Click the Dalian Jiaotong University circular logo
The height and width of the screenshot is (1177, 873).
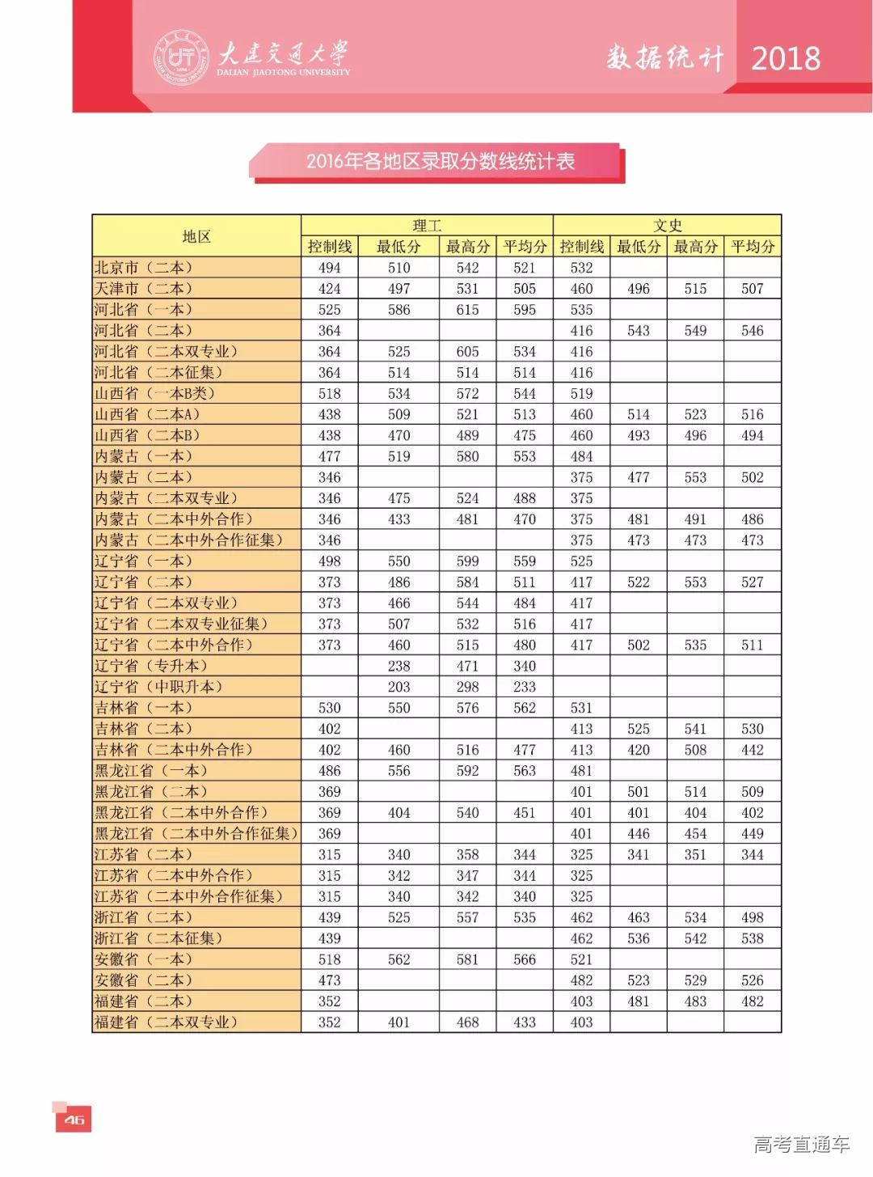point(179,56)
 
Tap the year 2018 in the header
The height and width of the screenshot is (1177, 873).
point(786,58)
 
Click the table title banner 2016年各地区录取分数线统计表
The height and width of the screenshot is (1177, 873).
point(440,161)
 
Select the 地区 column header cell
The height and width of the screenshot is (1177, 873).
point(196,236)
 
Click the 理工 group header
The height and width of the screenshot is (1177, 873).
point(427,226)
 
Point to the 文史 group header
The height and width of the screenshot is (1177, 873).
point(668,226)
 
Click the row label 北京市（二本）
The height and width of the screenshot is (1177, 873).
point(144,268)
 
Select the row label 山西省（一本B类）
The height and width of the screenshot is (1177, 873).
point(154,393)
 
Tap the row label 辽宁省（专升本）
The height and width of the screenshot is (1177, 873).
point(151,666)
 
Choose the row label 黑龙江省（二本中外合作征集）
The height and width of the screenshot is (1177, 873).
point(196,833)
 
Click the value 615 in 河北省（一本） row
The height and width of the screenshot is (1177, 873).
point(467,310)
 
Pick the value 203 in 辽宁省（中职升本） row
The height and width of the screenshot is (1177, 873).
point(399,687)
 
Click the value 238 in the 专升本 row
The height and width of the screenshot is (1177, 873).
point(399,666)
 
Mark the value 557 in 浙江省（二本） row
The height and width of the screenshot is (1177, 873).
point(467,917)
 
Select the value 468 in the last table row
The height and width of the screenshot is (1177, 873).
point(467,1022)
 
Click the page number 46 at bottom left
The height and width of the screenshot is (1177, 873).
point(74,1120)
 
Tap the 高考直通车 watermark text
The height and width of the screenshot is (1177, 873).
point(801,1144)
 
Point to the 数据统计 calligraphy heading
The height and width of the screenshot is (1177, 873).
point(664,58)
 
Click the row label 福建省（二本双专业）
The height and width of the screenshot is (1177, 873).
point(167,1022)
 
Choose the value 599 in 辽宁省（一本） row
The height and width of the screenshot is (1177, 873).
point(467,561)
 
